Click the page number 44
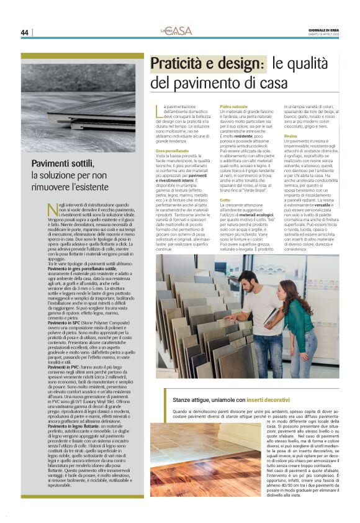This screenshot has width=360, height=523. pos(24,32)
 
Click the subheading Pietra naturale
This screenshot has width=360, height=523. pos(233,107)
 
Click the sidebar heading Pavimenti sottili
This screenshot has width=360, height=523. pos(63,163)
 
